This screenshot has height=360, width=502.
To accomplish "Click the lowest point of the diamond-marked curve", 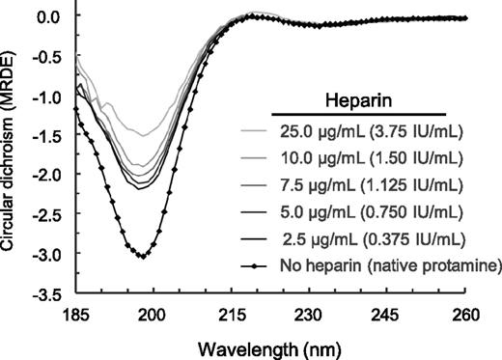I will pyautogui.click(x=142, y=256).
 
